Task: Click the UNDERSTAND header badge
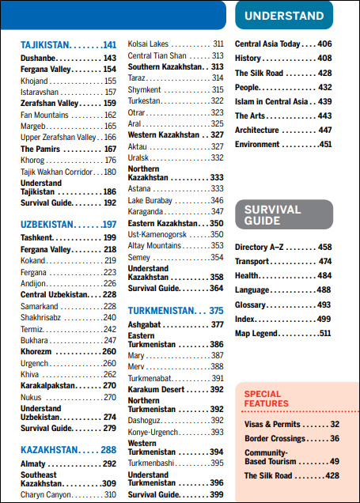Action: coord(284,15)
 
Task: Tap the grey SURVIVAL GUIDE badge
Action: coord(284,214)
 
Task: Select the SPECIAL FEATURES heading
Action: coord(267,399)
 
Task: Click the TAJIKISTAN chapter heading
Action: coord(45,45)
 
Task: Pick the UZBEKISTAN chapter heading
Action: coord(47,225)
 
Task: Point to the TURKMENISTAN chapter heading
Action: coord(161,311)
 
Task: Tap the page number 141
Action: coord(109,45)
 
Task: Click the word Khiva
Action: coord(29,374)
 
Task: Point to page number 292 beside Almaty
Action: coord(109,463)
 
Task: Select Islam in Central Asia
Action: coord(271,101)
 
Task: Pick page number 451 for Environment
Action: coord(325,145)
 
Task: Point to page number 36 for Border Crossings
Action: coord(335,438)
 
